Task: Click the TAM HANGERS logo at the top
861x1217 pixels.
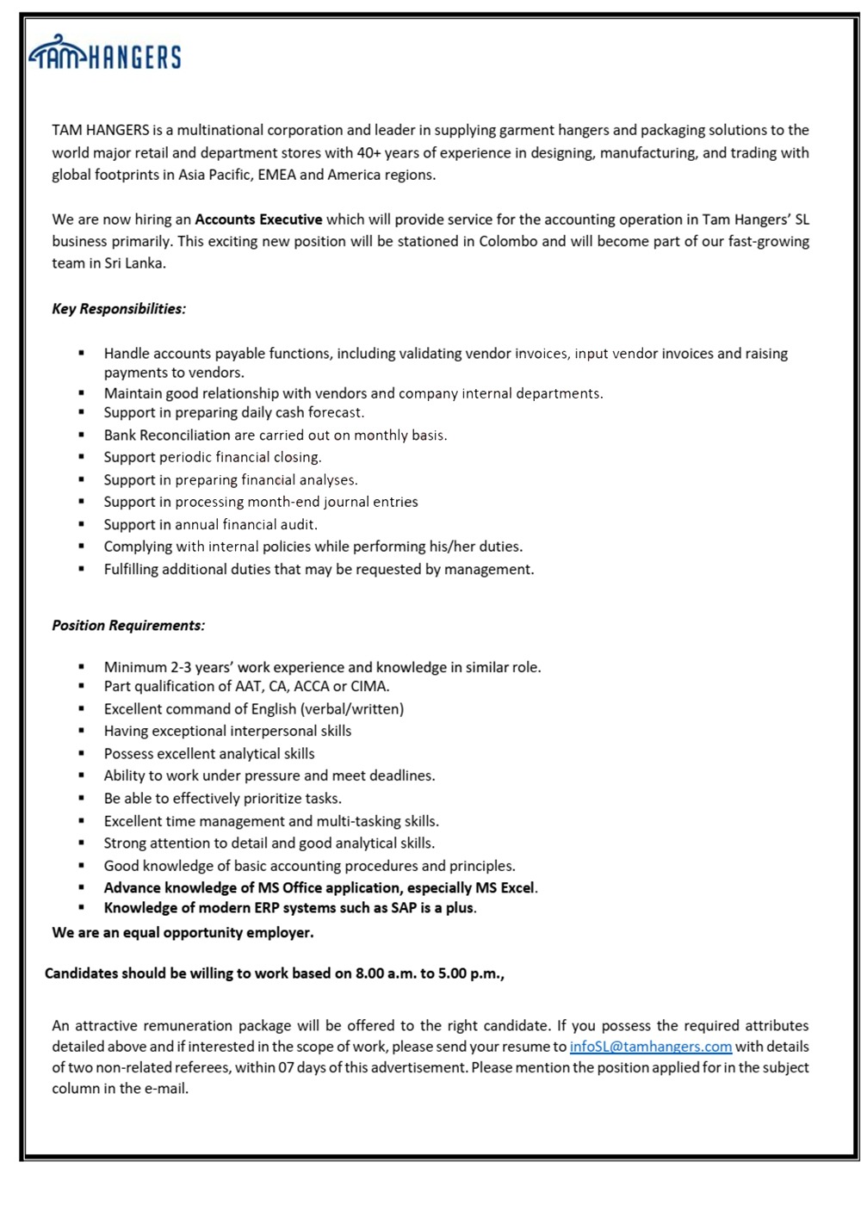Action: pyautogui.click(x=105, y=54)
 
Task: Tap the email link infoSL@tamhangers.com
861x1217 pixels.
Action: pyautogui.click(x=650, y=1047)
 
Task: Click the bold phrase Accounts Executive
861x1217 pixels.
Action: pyautogui.click(x=258, y=219)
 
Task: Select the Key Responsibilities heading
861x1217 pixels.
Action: pyautogui.click(x=119, y=308)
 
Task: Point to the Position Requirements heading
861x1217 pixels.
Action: pyautogui.click(x=128, y=625)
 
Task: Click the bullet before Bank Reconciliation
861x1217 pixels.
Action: pyautogui.click(x=82, y=436)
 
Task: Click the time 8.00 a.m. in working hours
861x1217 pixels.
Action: pyautogui.click(x=386, y=973)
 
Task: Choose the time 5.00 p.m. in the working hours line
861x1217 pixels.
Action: pyautogui.click(x=468, y=973)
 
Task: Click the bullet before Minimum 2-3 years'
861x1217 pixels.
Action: pyautogui.click(x=82, y=667)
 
